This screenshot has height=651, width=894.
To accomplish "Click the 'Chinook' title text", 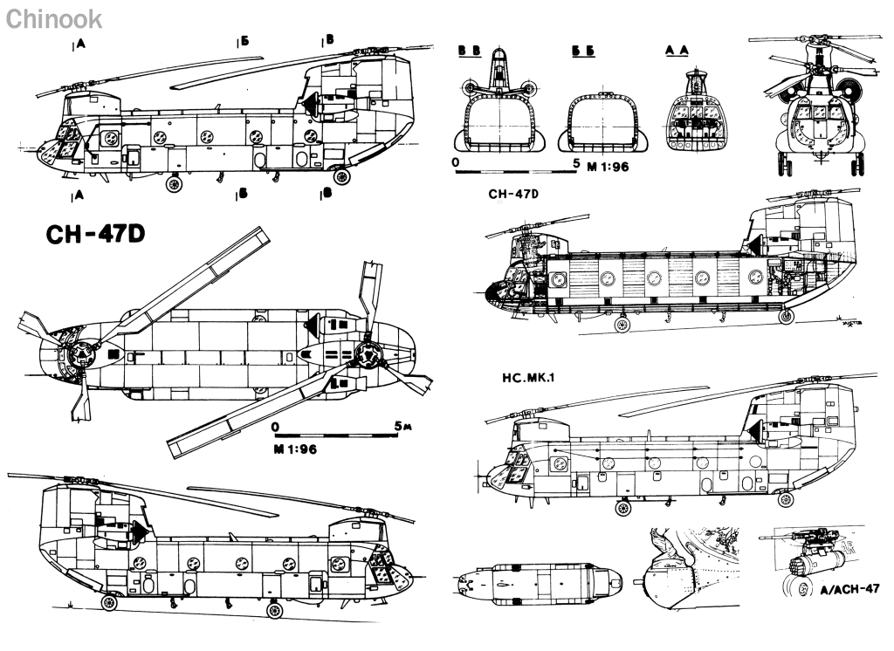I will pos(53,18).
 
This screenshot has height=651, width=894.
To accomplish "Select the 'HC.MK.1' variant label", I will pos(526,381).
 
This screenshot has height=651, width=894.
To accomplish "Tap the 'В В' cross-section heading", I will pos(469,51).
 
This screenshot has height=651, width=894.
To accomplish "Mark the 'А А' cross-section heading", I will pos(677,51).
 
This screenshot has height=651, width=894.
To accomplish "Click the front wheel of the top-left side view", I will pos(174,184).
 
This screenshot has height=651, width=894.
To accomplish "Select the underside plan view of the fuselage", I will pos(536,579).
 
